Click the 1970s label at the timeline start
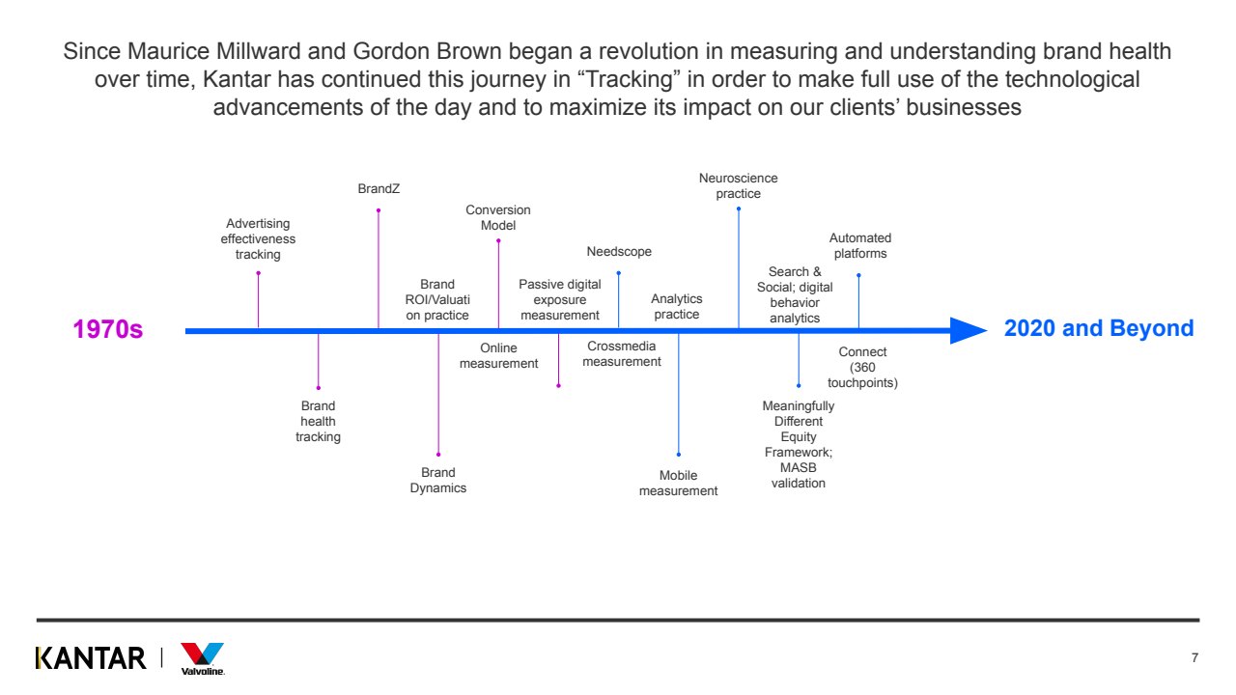click(108, 329)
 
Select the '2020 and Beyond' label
click(1099, 328)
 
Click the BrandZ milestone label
click(379, 189)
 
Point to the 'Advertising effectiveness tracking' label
click(258, 239)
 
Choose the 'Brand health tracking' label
click(318, 422)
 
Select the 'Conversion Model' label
click(498, 217)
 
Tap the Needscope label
click(619, 252)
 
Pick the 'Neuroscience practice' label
click(739, 185)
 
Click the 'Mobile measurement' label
click(679, 483)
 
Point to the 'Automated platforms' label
click(860, 245)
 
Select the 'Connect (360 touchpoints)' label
click(862, 368)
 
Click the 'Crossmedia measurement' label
click(622, 354)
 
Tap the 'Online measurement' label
click(498, 355)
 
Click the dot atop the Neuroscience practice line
click(739, 208)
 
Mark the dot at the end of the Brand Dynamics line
click(438, 455)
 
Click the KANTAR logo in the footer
click(91, 658)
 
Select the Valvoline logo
click(203, 658)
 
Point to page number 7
click(1194, 658)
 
